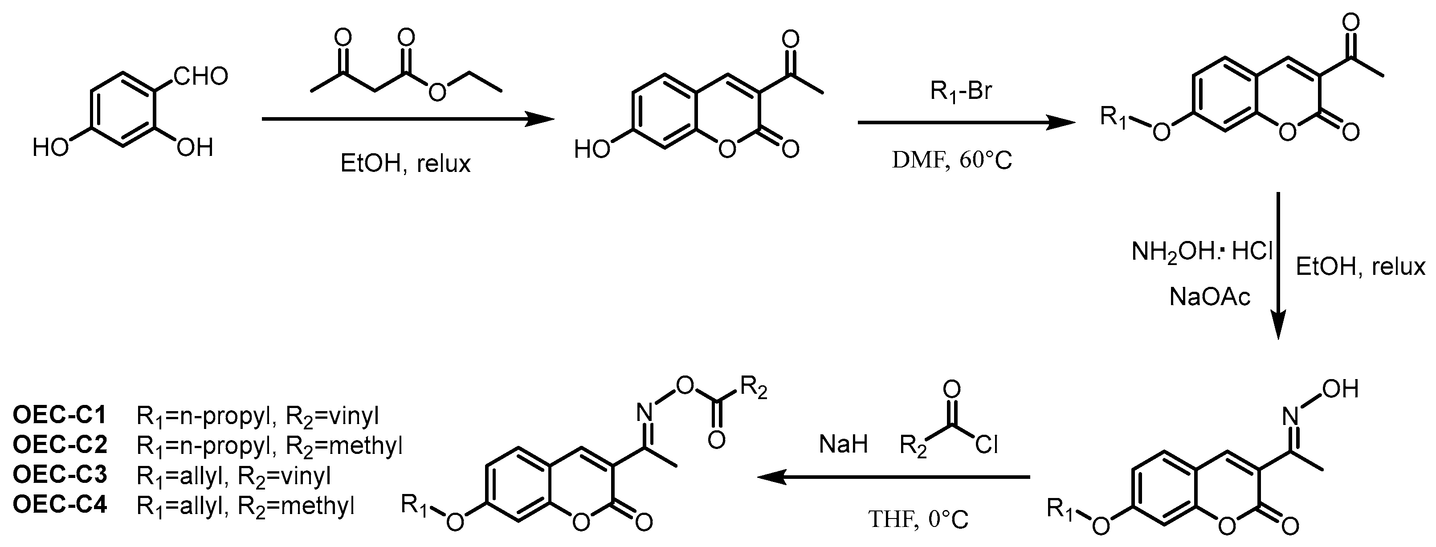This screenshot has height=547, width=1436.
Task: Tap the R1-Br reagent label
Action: tap(961, 91)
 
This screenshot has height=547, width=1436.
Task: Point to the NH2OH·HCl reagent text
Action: tap(1202, 253)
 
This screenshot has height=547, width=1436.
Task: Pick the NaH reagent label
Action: tap(843, 445)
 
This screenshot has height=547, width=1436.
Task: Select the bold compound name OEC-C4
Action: tap(60, 506)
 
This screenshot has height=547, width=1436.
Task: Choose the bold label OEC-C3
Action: tap(60, 475)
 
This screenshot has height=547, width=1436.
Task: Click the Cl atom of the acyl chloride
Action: tap(986, 445)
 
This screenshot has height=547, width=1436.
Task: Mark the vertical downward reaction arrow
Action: tap(1278, 265)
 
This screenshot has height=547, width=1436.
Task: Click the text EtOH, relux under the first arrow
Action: tap(405, 164)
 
